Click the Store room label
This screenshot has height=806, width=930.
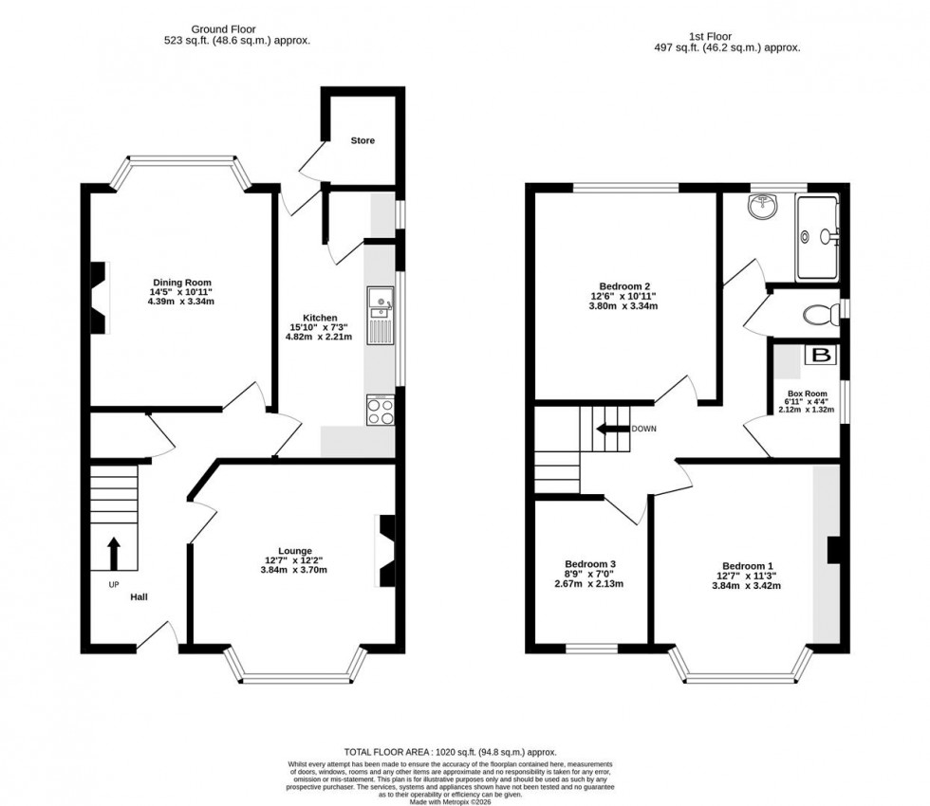(363, 140)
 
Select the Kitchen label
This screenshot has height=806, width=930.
(320, 317)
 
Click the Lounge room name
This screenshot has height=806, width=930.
(295, 550)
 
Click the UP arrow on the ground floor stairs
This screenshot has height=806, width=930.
(114, 551)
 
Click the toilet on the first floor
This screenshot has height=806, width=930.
(817, 314)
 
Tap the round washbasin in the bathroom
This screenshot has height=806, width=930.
(762, 208)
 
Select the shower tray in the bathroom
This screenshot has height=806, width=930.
(818, 237)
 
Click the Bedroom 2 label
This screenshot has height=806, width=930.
(624, 286)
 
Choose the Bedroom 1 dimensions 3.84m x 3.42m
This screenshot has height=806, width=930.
(749, 586)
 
